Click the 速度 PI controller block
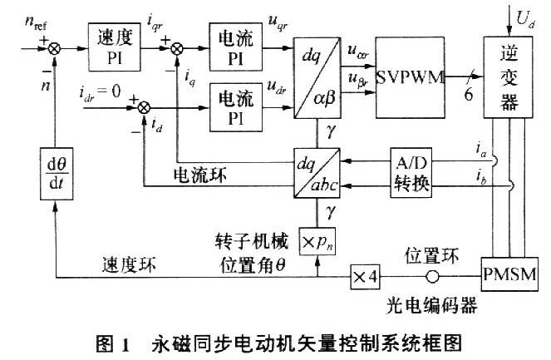click(114, 47)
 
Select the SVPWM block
click(410, 77)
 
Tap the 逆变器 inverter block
click(508, 77)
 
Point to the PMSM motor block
click(509, 274)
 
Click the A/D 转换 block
click(411, 173)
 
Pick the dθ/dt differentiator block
click(57, 174)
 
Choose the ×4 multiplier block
click(366, 277)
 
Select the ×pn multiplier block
click(317, 241)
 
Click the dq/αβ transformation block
click(317, 78)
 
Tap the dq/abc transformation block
click(317, 173)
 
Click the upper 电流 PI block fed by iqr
click(236, 47)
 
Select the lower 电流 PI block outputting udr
click(236, 107)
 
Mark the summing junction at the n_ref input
click(54, 48)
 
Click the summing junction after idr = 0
click(144, 107)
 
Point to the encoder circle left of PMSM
click(432, 277)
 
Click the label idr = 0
click(100, 93)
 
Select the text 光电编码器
click(432, 305)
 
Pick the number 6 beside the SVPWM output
click(469, 94)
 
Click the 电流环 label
click(200, 175)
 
